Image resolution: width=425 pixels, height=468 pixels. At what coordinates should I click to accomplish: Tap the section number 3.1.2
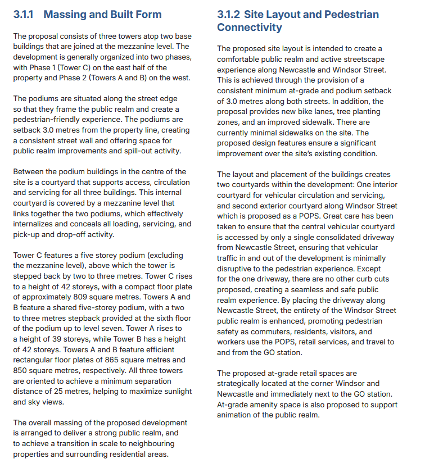pos(229,15)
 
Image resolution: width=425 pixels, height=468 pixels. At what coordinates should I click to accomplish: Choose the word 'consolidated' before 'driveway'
pos(320,237)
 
